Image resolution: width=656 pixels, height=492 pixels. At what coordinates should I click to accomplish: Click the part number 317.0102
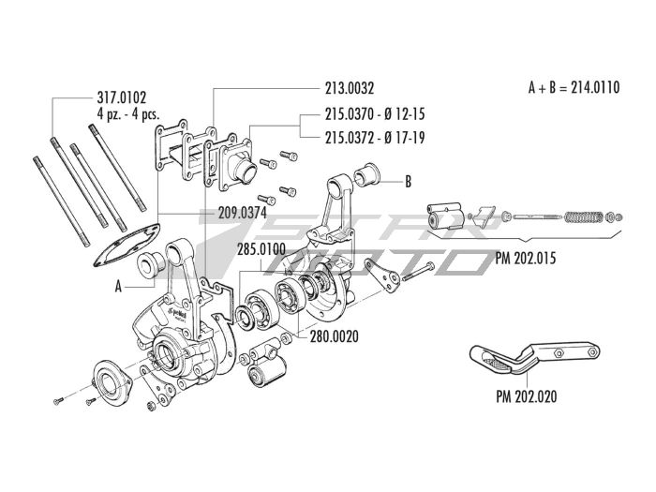click(x=122, y=96)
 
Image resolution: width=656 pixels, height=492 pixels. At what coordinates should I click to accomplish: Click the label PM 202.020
click(x=526, y=395)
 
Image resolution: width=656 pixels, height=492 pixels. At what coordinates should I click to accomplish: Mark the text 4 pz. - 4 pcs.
click(x=131, y=111)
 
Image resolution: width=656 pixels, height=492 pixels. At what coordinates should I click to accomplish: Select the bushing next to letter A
click(x=150, y=266)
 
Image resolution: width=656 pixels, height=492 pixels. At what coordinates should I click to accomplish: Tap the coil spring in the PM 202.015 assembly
click(x=582, y=216)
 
